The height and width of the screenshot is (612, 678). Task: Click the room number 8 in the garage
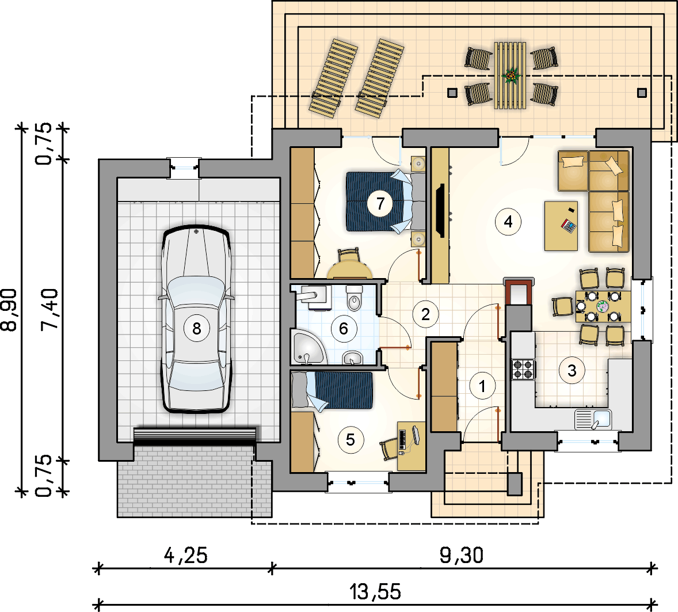tap(196, 329)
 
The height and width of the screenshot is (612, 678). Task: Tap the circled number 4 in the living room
tap(508, 222)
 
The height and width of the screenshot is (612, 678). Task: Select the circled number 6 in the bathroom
tap(344, 329)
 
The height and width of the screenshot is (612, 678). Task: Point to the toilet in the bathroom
tap(354, 298)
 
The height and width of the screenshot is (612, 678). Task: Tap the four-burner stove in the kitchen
tap(523, 370)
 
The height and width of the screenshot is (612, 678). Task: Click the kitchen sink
tap(593, 419)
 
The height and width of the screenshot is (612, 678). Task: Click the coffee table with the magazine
tap(561, 226)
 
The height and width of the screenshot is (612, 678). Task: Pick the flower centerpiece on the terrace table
tap(512, 76)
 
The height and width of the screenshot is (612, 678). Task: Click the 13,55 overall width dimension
tap(375, 592)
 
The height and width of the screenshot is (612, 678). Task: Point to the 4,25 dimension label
tap(185, 556)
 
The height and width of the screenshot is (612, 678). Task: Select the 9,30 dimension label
tap(462, 556)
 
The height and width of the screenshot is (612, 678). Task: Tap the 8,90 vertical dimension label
tap(10, 310)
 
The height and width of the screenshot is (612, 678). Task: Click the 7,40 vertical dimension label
tap(49, 310)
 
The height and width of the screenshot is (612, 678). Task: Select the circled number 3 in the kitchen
tap(572, 371)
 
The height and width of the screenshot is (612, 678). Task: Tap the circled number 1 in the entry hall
tap(482, 386)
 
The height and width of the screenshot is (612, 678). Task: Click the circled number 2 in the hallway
tap(425, 314)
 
